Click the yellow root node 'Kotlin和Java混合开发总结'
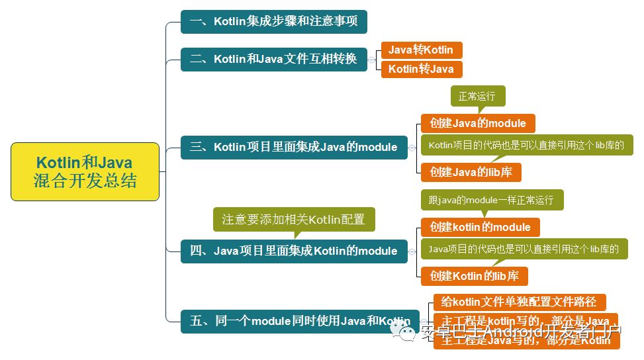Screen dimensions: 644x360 pos(85,171)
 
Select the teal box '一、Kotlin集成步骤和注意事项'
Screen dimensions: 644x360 pos(273,22)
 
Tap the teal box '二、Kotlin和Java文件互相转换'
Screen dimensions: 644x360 pos(273,60)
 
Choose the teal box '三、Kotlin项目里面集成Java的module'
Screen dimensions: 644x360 pos(294,147)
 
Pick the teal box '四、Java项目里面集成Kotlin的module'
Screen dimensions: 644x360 pos(294,251)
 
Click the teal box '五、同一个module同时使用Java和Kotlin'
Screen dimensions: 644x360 pos(300,322)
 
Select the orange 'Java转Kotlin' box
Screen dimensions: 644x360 pos(421,50)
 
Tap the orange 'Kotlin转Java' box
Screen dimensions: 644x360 pos(421,69)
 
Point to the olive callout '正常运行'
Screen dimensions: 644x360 pos(477,96)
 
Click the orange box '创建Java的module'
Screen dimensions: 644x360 pos(478,123)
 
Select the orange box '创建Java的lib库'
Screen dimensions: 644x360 pos(471,172)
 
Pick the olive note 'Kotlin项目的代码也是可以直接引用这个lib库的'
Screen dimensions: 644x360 pos(526,145)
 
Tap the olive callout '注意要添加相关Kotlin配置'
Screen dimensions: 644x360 pos(293,219)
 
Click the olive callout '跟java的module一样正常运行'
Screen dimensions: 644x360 pos(491,200)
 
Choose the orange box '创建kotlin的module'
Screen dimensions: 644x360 pos(480,227)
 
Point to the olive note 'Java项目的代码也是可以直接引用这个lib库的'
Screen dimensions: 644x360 pos(524,249)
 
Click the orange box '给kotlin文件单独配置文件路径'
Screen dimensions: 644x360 pos(519,302)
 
